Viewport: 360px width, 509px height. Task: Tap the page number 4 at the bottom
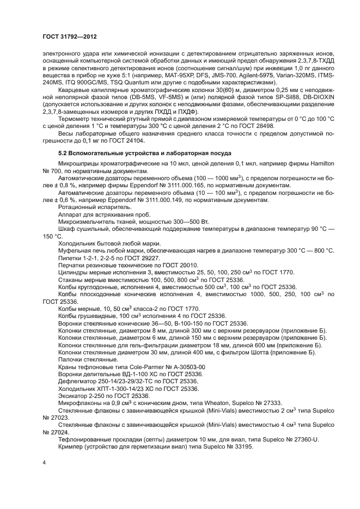click(x=44, y=462)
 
